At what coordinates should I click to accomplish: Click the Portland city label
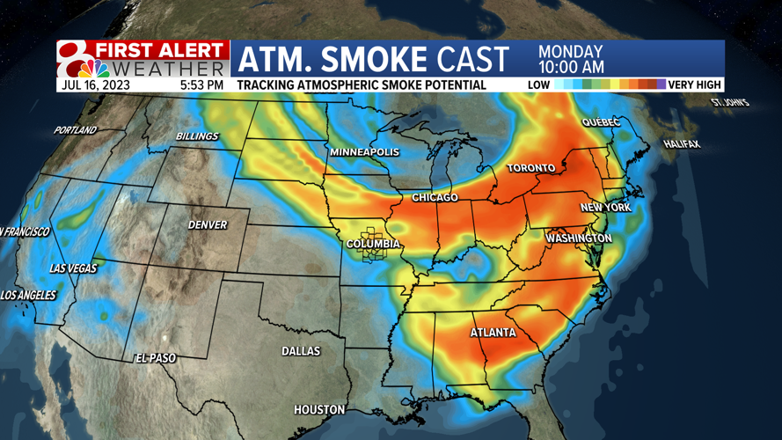75,130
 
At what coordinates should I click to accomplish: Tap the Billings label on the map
196,137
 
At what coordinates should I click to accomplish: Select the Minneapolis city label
364,152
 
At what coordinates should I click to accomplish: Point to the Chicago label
435,197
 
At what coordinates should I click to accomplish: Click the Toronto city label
530,168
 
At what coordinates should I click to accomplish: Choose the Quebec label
601,122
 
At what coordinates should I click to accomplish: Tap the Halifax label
681,143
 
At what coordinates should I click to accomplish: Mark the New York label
605,208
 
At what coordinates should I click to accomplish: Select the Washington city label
578,238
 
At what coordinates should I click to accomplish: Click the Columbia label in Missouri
373,244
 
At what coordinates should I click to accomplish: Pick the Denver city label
208,225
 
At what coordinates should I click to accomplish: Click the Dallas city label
301,351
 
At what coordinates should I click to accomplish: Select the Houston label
319,410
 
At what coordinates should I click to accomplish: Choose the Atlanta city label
493,333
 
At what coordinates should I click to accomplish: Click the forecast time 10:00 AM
570,67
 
